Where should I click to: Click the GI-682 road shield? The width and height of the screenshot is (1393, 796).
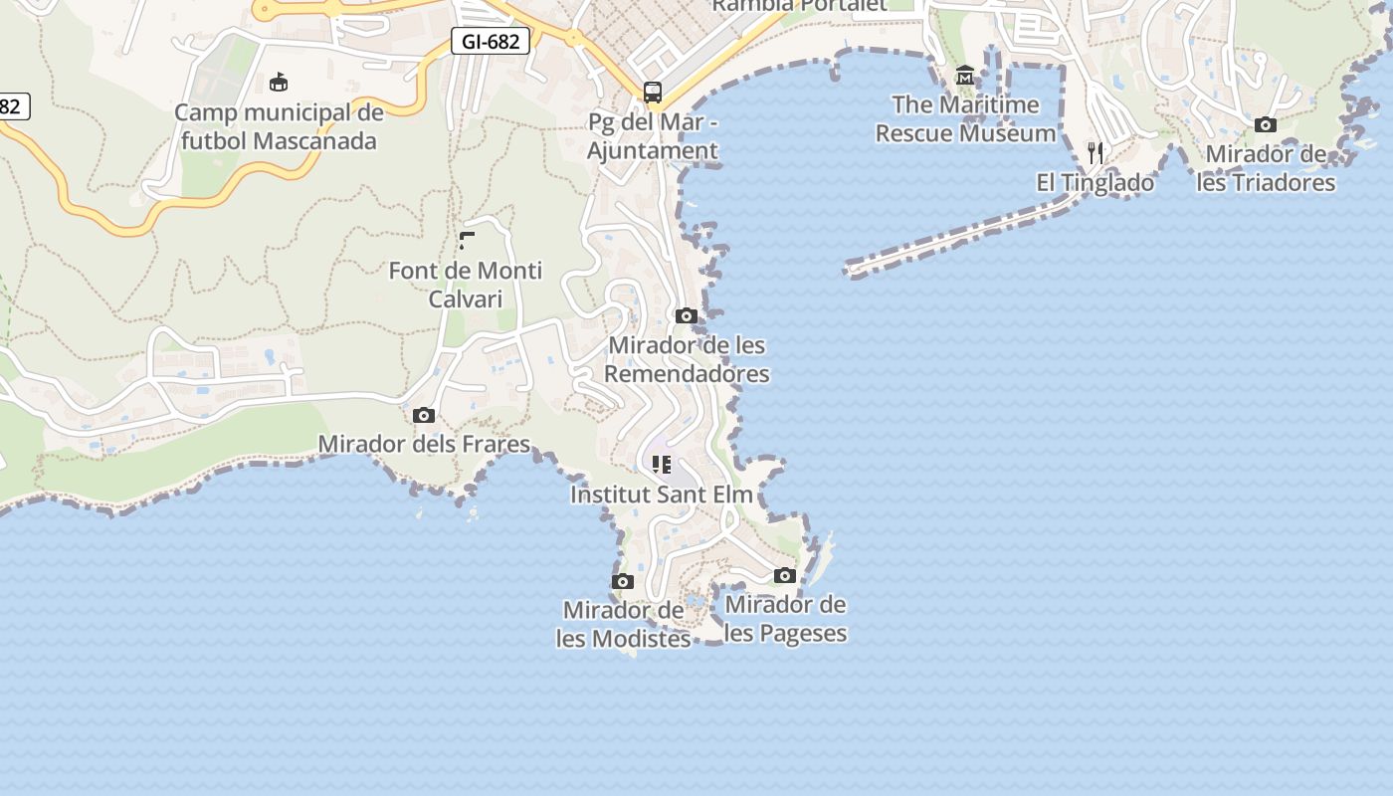[491, 41]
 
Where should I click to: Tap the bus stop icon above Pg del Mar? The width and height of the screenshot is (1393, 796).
[653, 93]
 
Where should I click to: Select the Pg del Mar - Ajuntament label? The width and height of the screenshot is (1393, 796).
[653, 136]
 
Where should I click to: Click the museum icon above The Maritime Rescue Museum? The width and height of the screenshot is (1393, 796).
[964, 76]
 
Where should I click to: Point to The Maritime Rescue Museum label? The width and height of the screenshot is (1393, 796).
[965, 118]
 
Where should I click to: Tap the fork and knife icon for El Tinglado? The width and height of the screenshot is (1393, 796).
[1095, 152]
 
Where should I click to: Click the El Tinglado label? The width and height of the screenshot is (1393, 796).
[1095, 183]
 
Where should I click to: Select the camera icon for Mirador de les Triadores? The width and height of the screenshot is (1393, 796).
[1266, 124]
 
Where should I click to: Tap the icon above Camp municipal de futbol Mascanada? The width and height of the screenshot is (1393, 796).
[279, 82]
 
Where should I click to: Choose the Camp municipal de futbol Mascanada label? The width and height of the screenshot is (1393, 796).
[279, 126]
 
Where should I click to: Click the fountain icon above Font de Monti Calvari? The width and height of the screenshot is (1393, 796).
[467, 240]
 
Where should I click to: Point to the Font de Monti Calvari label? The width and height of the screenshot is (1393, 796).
[466, 285]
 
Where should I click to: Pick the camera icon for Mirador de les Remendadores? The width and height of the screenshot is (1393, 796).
[686, 315]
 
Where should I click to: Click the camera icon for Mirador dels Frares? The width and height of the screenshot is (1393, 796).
[424, 415]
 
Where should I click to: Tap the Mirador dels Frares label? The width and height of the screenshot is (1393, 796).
[424, 444]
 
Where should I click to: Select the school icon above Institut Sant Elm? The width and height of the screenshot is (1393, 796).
[662, 464]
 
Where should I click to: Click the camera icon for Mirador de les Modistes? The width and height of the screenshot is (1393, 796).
[623, 581]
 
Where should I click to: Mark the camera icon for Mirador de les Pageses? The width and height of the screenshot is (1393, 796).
[785, 575]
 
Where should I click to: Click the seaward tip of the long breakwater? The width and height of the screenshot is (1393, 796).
[849, 268]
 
